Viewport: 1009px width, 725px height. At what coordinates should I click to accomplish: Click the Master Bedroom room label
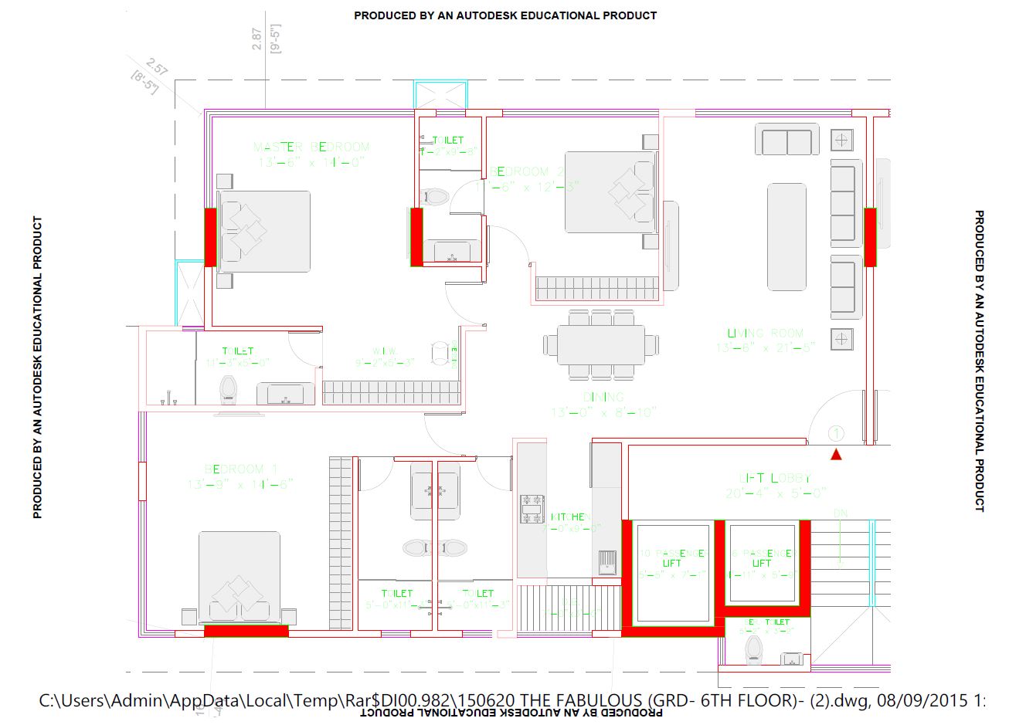311,147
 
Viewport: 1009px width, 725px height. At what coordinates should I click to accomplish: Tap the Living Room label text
765,334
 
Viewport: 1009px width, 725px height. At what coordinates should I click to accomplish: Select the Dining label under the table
604,397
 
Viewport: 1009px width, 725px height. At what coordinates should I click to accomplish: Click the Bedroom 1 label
241,469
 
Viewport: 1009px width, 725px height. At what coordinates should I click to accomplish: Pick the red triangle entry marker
835,455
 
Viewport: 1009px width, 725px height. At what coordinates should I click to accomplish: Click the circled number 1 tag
835,434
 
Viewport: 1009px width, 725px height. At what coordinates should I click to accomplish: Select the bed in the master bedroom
264,232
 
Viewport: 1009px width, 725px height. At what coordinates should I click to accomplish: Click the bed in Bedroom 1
240,576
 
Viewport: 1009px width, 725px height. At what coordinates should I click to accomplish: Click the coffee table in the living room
786,236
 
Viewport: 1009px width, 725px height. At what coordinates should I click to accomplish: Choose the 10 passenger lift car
673,572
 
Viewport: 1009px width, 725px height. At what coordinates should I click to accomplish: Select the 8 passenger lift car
762,563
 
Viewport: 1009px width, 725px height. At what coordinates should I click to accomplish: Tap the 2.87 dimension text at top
257,39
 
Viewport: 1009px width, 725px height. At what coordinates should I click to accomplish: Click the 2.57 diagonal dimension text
157,67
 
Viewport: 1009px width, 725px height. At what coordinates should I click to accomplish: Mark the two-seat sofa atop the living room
786,141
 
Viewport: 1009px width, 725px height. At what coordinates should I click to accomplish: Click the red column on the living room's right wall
870,237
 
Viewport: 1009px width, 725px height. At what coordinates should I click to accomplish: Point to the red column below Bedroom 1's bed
246,631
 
